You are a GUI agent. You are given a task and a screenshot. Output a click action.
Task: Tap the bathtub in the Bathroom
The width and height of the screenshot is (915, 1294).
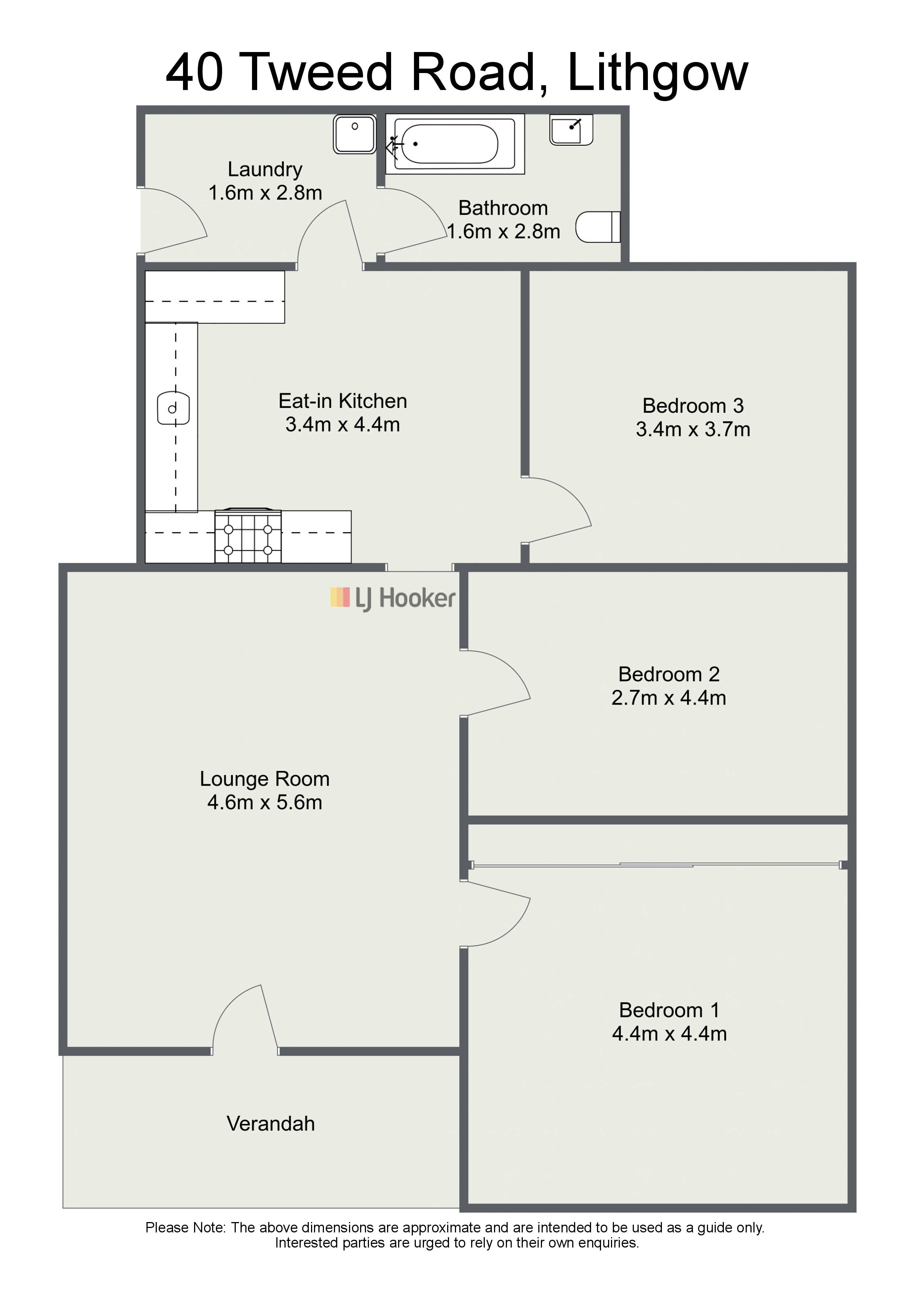click(455, 144)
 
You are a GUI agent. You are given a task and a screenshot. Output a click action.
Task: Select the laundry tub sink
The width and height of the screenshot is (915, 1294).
click(355, 134)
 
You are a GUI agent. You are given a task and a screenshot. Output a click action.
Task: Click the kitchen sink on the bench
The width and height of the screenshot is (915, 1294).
click(173, 408)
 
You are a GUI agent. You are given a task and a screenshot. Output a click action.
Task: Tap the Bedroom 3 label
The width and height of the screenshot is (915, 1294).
click(693, 406)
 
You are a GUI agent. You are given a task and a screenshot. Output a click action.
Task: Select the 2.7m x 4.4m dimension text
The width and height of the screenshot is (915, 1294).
click(669, 698)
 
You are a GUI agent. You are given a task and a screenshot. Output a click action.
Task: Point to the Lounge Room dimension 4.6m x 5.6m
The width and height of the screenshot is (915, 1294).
click(265, 803)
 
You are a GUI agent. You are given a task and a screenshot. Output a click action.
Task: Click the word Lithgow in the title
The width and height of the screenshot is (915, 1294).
click(658, 73)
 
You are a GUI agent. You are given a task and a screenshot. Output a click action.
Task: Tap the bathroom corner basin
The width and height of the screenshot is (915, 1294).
click(571, 129)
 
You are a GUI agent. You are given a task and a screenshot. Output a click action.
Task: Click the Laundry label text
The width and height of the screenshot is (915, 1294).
click(265, 169)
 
